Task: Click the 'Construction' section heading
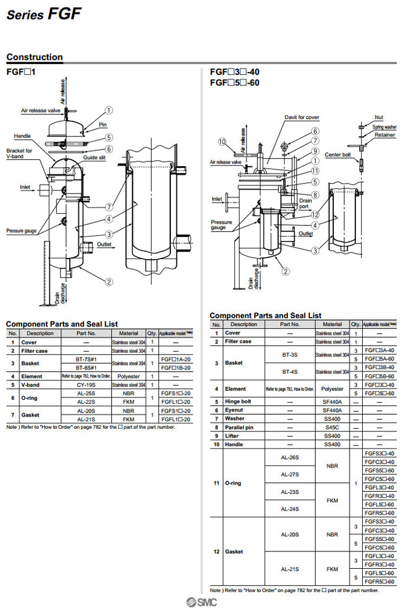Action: click(x=34, y=57)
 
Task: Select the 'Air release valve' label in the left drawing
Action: click(x=41, y=110)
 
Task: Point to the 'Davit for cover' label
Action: click(x=302, y=117)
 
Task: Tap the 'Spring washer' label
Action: click(x=384, y=127)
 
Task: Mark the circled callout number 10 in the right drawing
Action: click(x=222, y=142)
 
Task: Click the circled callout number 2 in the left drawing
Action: click(x=109, y=282)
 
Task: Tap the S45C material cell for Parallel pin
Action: click(x=332, y=427)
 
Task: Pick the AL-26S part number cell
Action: click(x=290, y=457)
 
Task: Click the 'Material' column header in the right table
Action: click(x=332, y=324)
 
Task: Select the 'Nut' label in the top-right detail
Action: click(x=379, y=117)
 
